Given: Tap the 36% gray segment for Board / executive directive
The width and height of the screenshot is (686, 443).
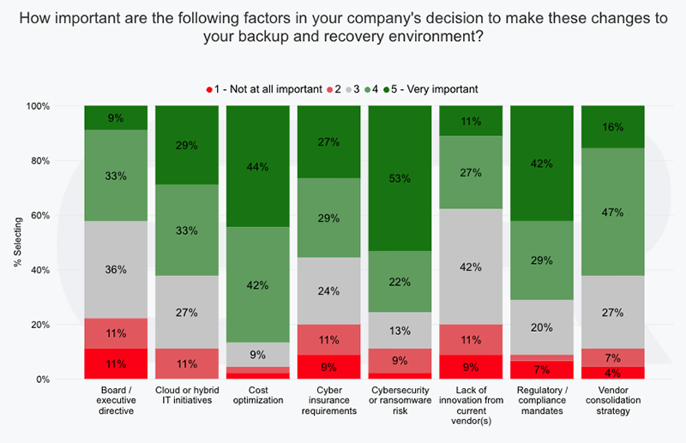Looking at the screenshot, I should point(116,269).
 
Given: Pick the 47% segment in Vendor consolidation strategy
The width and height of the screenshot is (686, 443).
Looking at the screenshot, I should point(614,212).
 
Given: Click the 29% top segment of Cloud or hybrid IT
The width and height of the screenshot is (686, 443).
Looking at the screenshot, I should point(187,145).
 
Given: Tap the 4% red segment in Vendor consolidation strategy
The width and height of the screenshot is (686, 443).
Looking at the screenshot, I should point(614,373).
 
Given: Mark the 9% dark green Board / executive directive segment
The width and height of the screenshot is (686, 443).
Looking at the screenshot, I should point(116,118).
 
